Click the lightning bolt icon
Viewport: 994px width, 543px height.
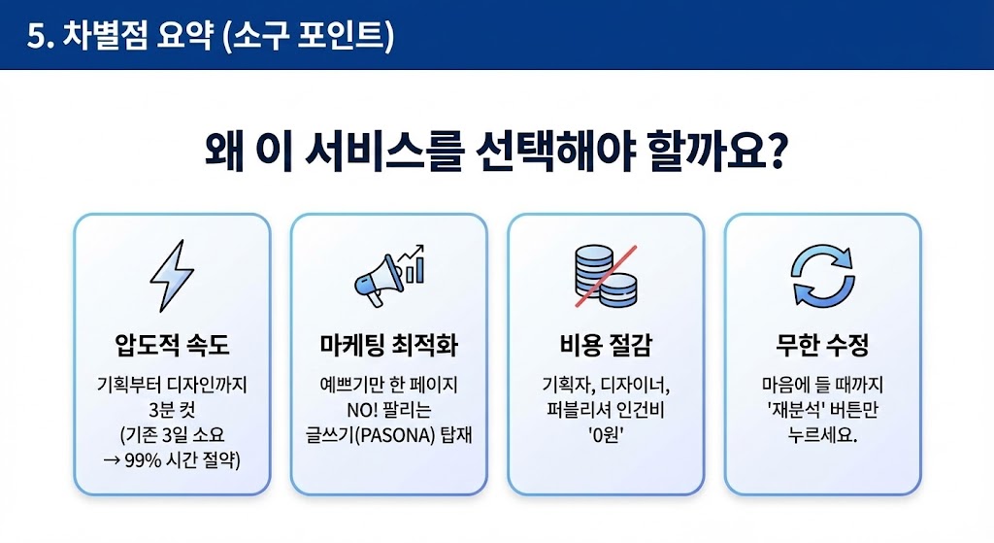[172, 277]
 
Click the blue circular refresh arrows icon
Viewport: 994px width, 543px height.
[822, 277]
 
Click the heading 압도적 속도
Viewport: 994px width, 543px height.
[172, 345]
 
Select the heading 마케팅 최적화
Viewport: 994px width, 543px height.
[388, 345]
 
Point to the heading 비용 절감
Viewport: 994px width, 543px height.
[605, 345]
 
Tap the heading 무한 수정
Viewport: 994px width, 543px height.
[822, 345]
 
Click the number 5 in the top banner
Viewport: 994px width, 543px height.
[36, 35]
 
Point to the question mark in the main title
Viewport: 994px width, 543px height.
[774, 153]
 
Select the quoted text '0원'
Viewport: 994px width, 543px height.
[605, 434]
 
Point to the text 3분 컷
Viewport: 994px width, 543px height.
[172, 409]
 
